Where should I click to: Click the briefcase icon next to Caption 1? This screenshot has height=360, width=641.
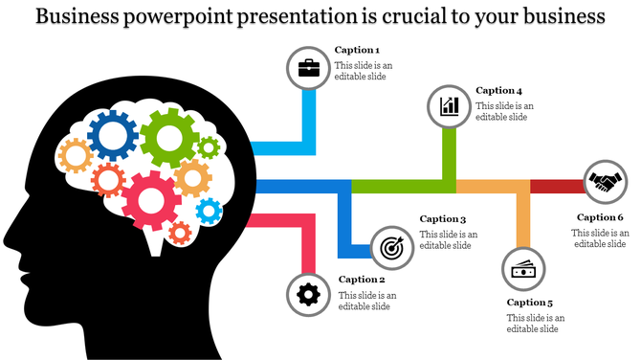click(x=309, y=69)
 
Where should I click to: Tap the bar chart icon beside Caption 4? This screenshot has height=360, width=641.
click(x=450, y=105)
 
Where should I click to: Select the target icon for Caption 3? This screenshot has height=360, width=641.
click(x=391, y=246)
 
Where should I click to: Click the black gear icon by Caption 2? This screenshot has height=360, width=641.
click(x=308, y=294)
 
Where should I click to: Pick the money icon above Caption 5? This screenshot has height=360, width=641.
click(x=522, y=270)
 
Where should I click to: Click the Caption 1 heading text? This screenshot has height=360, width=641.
click(x=357, y=50)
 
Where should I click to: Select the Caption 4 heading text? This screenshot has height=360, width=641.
click(x=498, y=91)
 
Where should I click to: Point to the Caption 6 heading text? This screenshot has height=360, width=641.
click(x=600, y=217)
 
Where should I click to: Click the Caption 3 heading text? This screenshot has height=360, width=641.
click(x=443, y=219)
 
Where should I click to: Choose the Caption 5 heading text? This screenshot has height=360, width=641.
click(x=530, y=303)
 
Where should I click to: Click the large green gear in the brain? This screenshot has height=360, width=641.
click(x=169, y=138)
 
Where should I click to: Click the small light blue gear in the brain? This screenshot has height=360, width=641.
click(x=208, y=210)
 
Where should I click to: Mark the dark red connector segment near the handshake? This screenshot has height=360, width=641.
click(x=555, y=186)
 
